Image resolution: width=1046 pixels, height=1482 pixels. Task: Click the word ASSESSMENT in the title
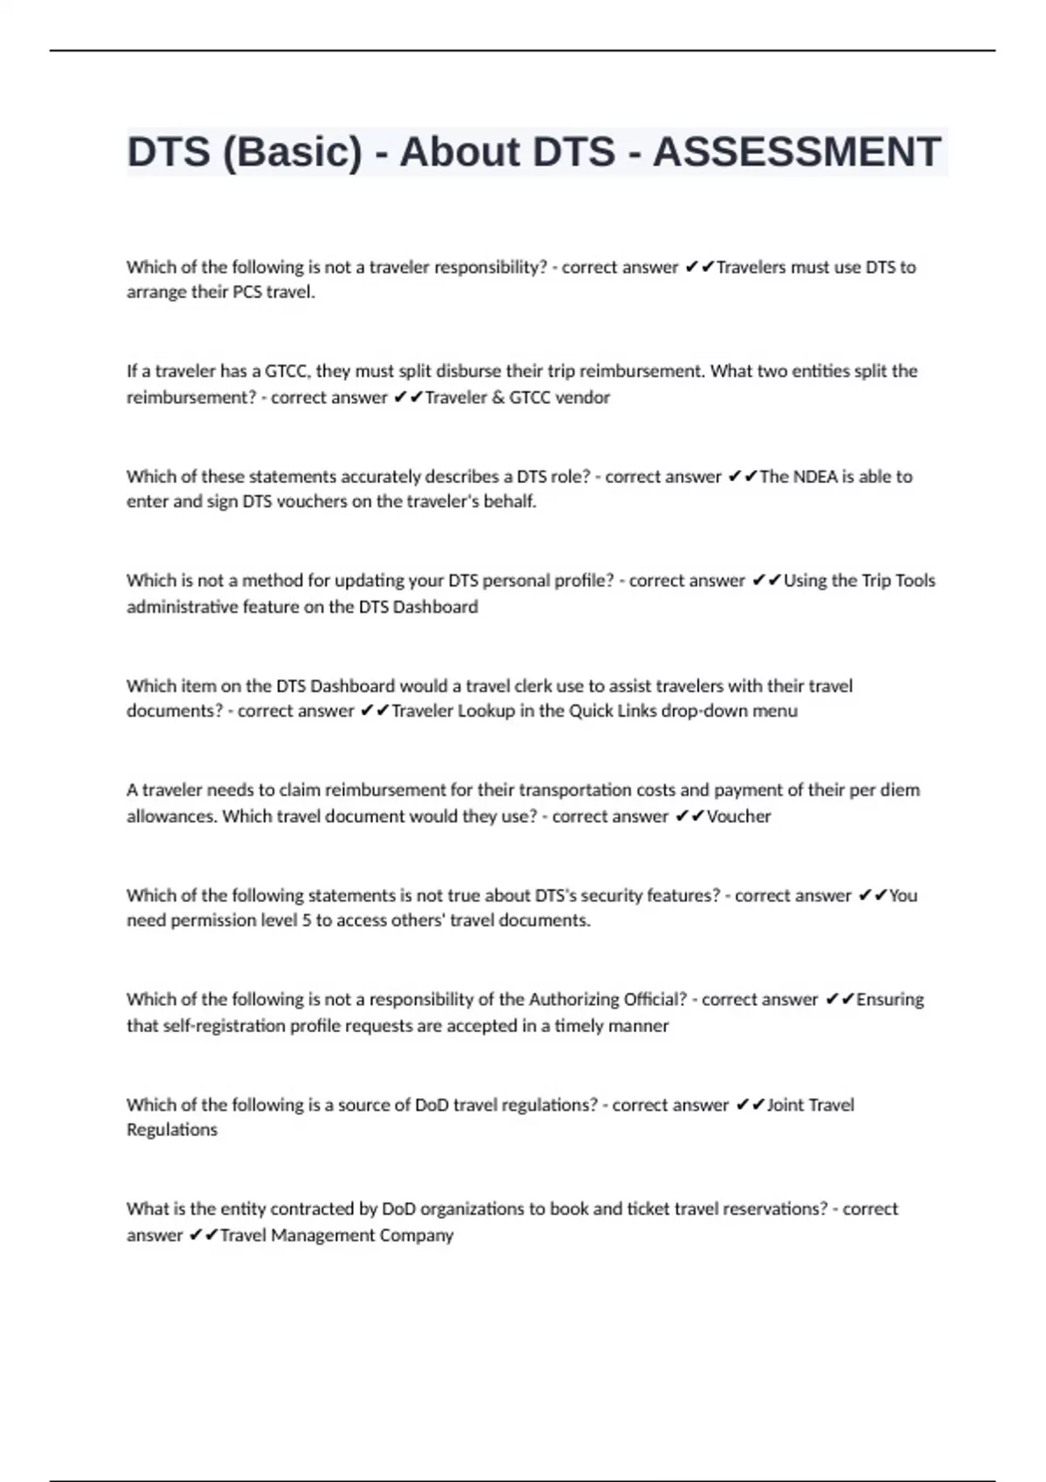796,152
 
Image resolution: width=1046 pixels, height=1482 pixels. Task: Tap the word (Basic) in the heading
292,152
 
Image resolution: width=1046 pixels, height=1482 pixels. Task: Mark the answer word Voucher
738,817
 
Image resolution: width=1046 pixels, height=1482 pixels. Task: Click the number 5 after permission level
306,921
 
